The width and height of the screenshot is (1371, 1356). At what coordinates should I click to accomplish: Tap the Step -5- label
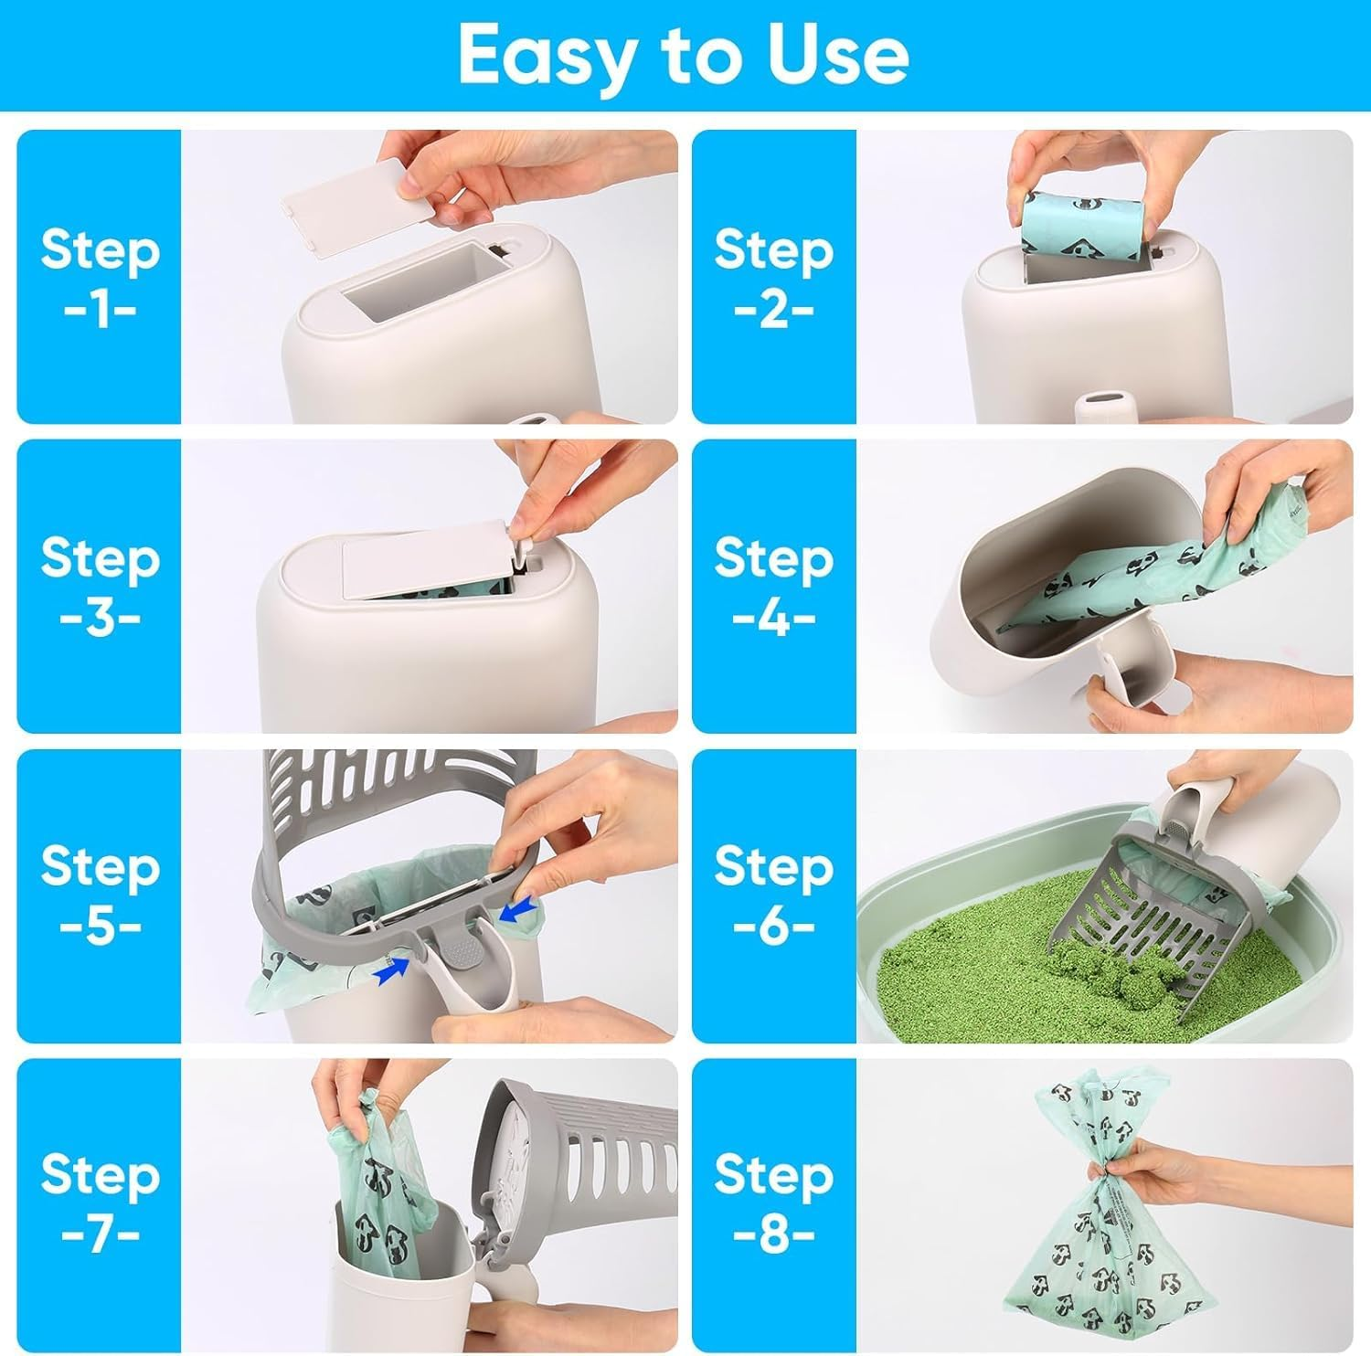100,895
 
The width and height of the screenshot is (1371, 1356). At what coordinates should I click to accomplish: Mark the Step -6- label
773,895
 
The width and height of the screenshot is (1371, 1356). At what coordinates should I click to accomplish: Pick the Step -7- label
100,1204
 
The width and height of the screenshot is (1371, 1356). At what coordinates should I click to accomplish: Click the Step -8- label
773,1204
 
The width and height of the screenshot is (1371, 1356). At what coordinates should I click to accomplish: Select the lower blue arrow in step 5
392,975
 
